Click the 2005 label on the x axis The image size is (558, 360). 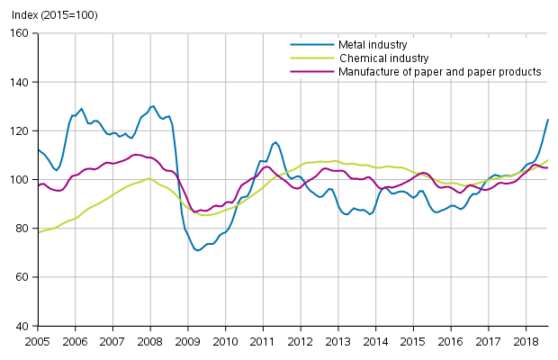38,342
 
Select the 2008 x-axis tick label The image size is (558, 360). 150,342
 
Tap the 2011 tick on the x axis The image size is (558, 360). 262,342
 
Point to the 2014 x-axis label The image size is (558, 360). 374,342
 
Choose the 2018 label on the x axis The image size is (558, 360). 524,342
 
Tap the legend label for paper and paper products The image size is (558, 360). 439,71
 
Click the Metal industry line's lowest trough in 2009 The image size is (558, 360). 197,250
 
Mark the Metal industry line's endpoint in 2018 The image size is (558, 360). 548,120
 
